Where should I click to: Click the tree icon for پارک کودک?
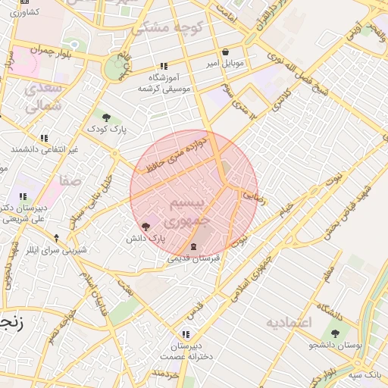106,117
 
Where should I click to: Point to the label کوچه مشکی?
158,29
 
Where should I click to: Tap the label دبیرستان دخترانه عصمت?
186,350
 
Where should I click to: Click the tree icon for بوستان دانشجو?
335,333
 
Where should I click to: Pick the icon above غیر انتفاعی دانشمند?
45,139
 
